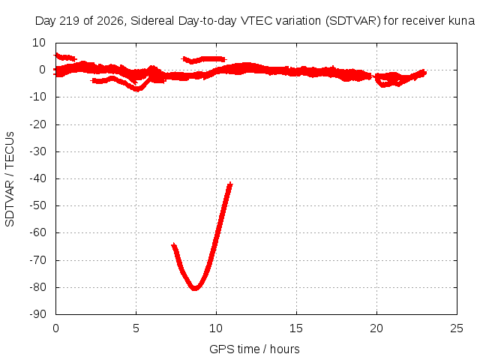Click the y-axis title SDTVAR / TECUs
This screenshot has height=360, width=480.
coord(10,179)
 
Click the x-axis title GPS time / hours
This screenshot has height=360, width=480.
coord(254,349)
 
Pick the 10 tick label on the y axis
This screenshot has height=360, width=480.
coord(39,43)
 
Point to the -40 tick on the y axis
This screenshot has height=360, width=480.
coord(37,178)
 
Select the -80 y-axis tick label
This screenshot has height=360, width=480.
coord(37,287)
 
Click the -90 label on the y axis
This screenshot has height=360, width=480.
coord(37,314)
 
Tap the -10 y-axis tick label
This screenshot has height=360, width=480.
coord(37,97)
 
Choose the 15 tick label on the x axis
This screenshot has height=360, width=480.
coord(296,328)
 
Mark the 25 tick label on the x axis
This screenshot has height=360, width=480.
coord(457,328)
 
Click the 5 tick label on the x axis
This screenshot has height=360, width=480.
coord(136,328)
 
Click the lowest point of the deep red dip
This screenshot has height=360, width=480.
coord(195,288)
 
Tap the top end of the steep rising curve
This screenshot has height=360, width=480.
coord(230,184)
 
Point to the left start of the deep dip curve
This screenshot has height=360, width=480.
coord(173,245)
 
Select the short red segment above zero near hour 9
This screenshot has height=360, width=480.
coord(204,60)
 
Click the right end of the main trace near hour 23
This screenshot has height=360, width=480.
coord(424,73)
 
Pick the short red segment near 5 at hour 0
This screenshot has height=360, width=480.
coord(65,57)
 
